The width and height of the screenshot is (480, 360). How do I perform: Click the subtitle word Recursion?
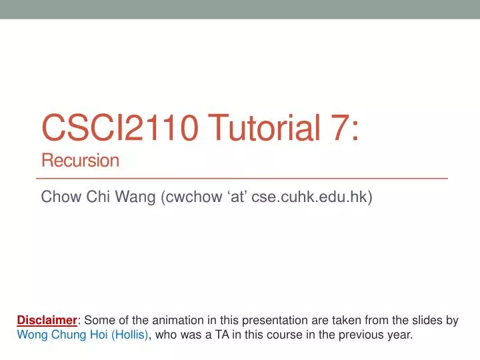click(x=80, y=160)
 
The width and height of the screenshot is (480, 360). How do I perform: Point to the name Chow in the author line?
click(x=59, y=197)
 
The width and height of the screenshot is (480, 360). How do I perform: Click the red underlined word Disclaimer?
click(x=47, y=321)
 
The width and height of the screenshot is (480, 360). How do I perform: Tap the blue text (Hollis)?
click(x=131, y=335)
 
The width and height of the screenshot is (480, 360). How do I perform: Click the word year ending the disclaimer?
click(x=401, y=335)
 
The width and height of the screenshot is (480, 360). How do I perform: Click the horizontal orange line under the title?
click(x=241, y=179)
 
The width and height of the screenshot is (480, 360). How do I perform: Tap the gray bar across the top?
click(x=240, y=9)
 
